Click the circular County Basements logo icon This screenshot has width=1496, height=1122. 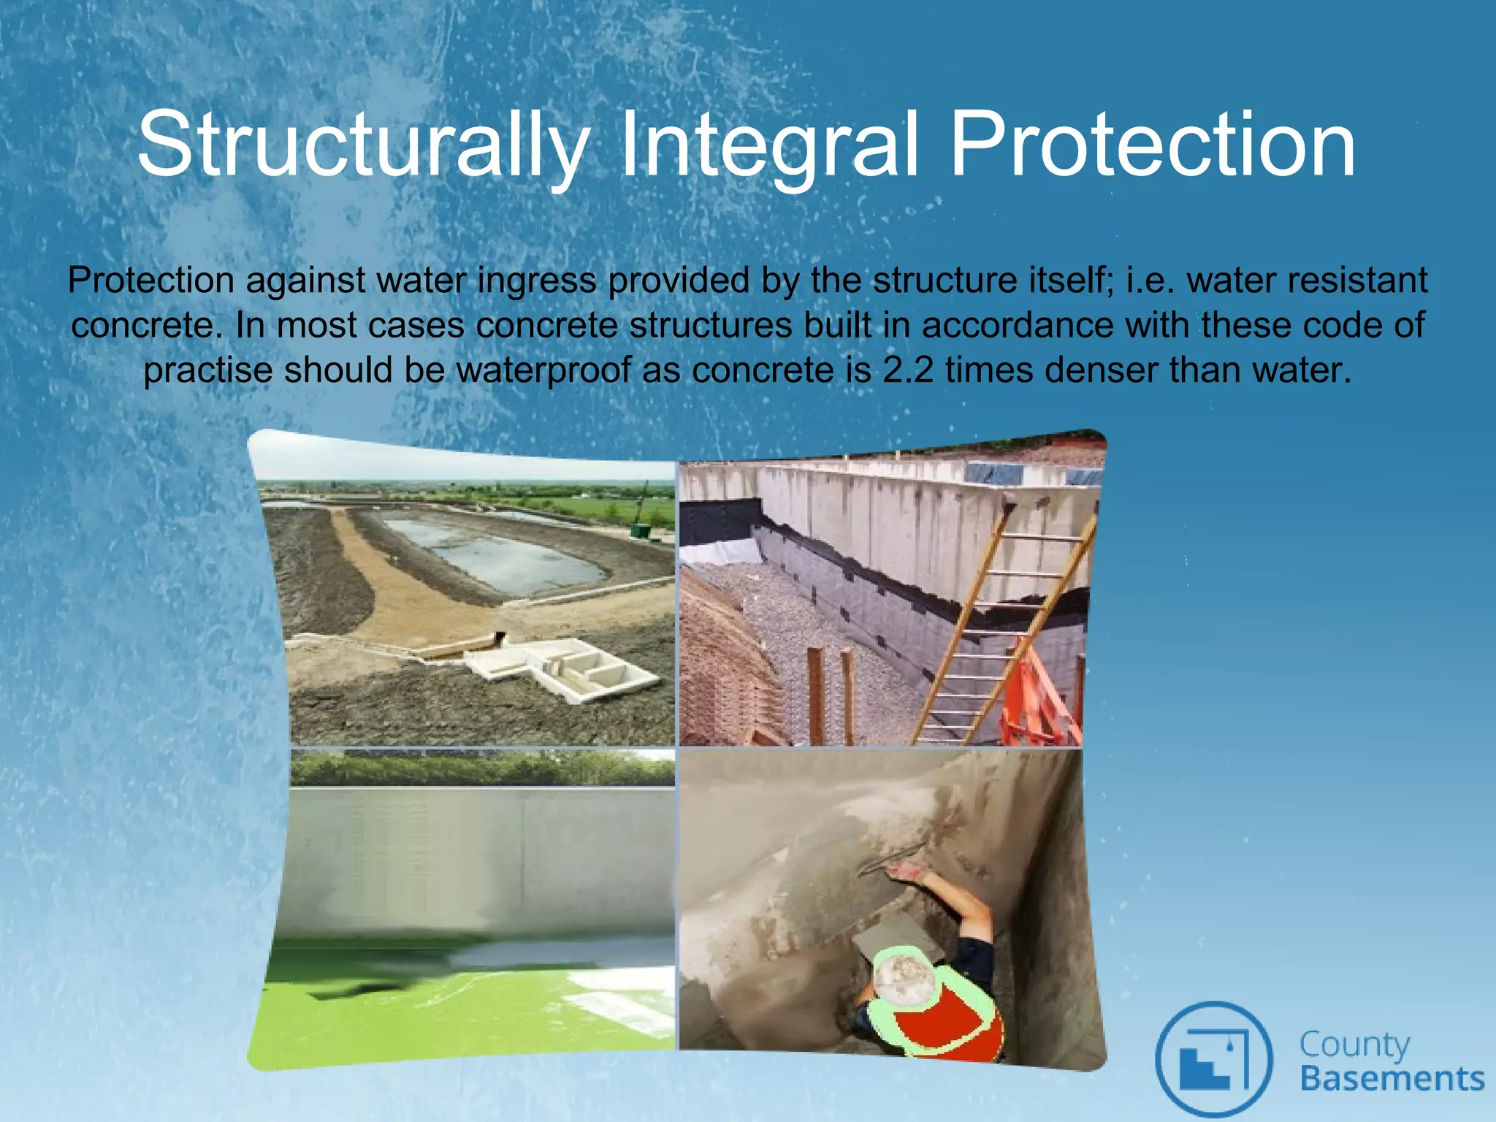(x=1213, y=1058)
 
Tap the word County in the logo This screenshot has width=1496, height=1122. (x=1354, y=1045)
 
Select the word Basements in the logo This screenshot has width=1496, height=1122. (x=1392, y=1079)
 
